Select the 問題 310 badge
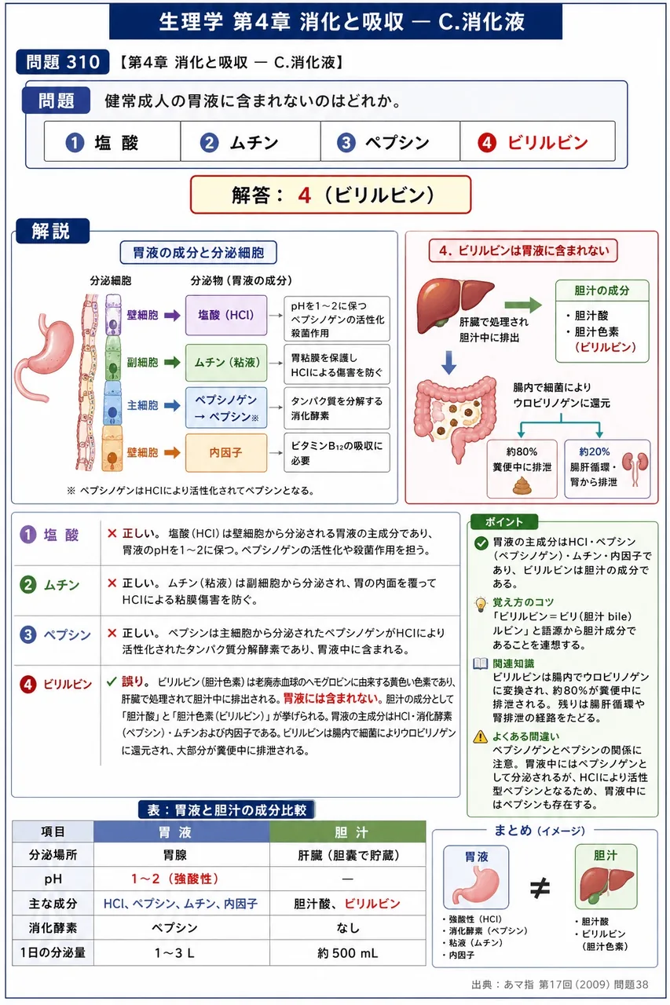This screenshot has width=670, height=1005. click(62, 62)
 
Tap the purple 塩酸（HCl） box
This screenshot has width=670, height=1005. click(226, 315)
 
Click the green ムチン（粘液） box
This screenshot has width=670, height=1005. click(226, 362)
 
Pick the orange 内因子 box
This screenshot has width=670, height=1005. click(226, 452)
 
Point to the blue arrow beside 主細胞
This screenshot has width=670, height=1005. click(172, 406)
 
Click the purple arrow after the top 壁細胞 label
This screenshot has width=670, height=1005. click(172, 316)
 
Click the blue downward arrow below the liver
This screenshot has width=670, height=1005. click(448, 363)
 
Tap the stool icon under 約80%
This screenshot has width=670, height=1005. click(522, 485)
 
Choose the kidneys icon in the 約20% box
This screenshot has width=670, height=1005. click(635, 468)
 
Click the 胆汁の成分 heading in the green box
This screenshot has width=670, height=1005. click(602, 291)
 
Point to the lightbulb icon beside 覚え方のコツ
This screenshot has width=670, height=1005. click(481, 605)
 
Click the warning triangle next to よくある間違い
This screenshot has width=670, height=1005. click(480, 736)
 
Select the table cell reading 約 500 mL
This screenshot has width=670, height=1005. click(348, 952)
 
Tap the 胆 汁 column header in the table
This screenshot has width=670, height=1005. click(348, 832)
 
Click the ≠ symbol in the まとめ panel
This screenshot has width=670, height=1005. click(540, 888)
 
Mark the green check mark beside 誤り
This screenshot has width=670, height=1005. click(112, 682)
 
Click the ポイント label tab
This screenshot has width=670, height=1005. click(504, 521)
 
